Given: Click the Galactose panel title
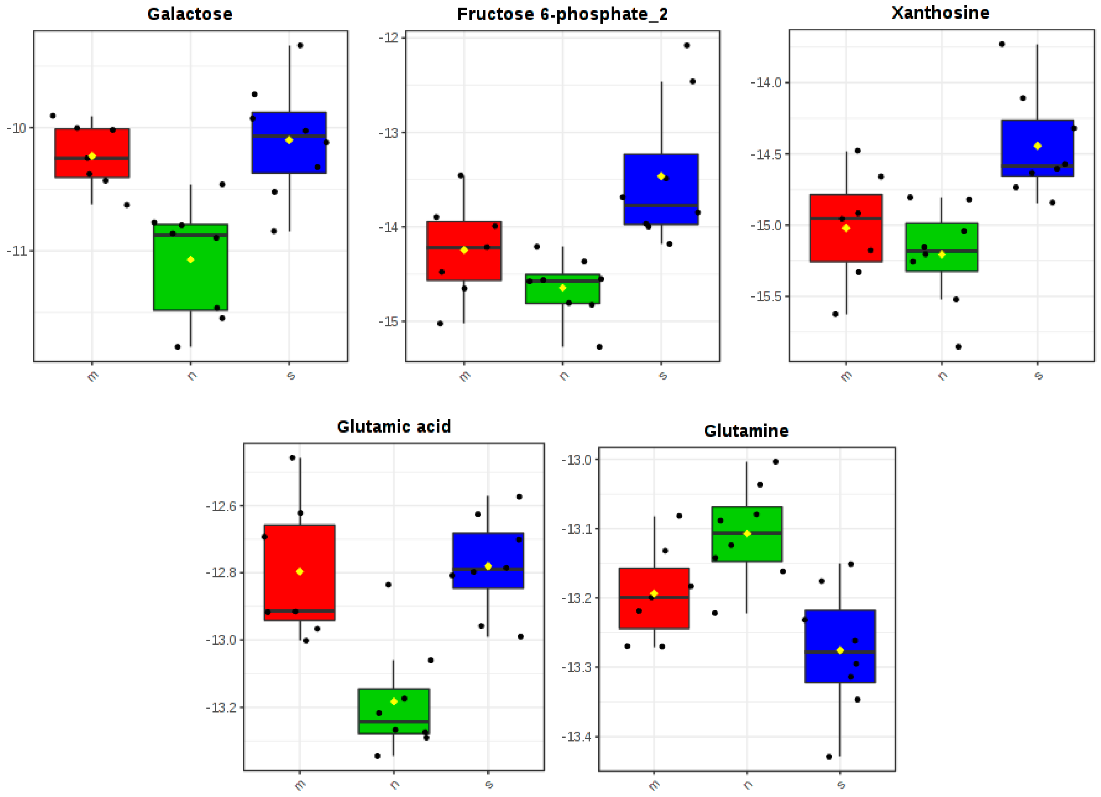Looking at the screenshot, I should [x=190, y=14].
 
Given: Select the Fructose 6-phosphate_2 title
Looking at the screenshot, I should [x=562, y=14].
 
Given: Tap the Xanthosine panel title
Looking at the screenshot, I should [x=940, y=13].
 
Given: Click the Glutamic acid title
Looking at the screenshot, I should [x=394, y=426].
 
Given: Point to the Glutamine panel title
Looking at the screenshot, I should [x=746, y=431].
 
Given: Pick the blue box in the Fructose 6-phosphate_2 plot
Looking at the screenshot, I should [x=661, y=189].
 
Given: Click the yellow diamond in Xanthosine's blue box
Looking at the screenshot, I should [x=1037, y=146].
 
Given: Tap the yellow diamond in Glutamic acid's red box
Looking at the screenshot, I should [x=299, y=572].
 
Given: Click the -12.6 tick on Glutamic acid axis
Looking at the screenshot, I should [x=221, y=506].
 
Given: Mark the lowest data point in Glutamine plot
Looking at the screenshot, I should [x=829, y=757].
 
